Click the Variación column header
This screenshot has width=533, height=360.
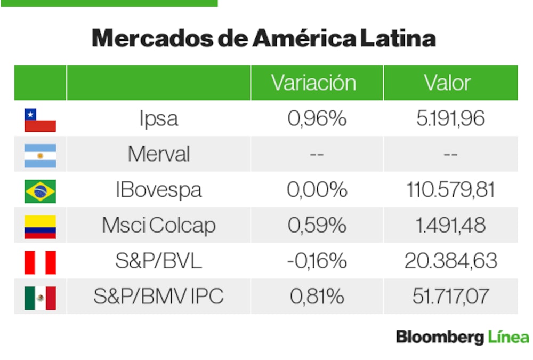[313, 83]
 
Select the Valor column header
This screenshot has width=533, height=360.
[447, 83]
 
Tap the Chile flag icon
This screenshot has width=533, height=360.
[40, 119]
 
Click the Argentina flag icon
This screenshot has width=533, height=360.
[40, 155]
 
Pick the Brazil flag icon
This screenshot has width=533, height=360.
[40, 191]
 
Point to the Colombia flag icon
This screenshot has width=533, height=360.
[40, 226]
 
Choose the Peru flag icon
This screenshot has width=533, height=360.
[40, 262]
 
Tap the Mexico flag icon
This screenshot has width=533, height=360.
[40, 298]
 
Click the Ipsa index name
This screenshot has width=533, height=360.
[158, 119]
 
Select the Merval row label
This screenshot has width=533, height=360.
[158, 155]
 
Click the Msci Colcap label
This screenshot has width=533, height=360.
[158, 226]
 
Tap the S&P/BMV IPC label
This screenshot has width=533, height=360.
[158, 297]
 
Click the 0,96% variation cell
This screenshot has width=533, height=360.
[317, 119]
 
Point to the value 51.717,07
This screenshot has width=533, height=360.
[450, 297]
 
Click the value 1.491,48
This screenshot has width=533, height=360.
[450, 226]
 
